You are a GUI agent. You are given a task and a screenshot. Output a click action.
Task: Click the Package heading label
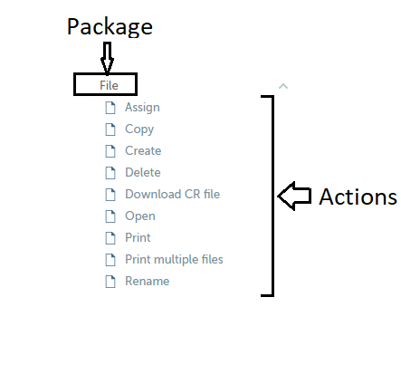(x=110, y=27)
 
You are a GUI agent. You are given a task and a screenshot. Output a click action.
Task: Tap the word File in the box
(x=109, y=85)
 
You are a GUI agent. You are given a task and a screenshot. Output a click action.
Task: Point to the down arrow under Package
(x=107, y=58)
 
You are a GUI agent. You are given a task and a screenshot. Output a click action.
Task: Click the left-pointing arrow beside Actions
(x=294, y=197)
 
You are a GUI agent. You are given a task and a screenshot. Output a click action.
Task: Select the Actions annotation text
(x=358, y=197)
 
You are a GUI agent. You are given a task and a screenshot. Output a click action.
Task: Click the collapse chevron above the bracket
(x=283, y=87)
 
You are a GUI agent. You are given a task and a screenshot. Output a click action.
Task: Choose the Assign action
(x=142, y=108)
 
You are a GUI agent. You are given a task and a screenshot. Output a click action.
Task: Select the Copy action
(x=139, y=129)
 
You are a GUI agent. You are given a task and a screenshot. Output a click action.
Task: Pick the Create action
(x=143, y=150)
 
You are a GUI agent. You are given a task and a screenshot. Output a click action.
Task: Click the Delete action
(x=143, y=172)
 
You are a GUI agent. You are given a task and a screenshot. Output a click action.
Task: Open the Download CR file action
(x=173, y=194)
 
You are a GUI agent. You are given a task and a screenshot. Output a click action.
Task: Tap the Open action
(x=140, y=216)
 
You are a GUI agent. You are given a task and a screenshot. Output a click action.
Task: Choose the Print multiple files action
(x=174, y=259)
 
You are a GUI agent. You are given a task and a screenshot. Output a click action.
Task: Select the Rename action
(x=148, y=281)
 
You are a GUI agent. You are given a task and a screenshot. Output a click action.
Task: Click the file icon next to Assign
(x=110, y=108)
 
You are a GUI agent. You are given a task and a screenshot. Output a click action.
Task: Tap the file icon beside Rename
(x=110, y=282)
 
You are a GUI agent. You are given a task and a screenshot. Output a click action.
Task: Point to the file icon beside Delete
(x=110, y=173)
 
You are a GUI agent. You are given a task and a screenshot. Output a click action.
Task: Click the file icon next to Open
(x=110, y=216)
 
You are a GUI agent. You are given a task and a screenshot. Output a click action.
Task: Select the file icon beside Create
(x=110, y=151)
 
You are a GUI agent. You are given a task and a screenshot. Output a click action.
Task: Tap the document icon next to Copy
(x=110, y=129)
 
